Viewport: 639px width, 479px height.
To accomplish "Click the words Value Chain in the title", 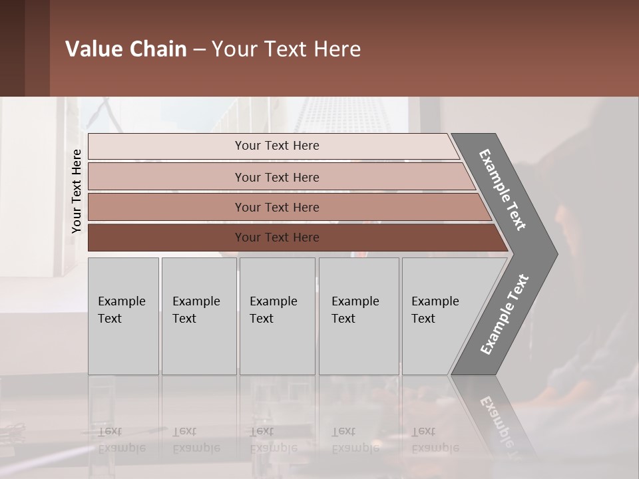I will pos(126,49).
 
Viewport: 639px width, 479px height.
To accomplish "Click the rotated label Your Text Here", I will pos(77,191).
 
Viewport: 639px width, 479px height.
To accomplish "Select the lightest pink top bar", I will pos(166,146).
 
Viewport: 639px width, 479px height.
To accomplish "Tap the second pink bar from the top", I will pos(166,177).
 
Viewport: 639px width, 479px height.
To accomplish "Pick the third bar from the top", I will pos(166,207).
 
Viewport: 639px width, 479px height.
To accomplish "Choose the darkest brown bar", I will pos(166,238).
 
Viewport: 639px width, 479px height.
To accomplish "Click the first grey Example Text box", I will pos(123,316).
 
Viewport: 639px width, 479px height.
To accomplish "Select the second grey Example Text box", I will pos(199,316).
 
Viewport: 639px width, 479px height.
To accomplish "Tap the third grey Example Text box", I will pos(277,316).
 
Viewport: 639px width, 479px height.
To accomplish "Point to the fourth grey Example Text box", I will pos(359,316).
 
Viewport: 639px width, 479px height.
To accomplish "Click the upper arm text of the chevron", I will pos(503,190).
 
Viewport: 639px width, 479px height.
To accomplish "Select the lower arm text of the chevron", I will pos(505,314).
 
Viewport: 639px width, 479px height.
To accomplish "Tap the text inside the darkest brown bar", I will pos(277,238).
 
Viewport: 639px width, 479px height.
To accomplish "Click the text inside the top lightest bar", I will pos(277,146).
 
